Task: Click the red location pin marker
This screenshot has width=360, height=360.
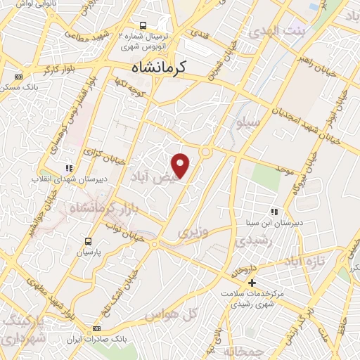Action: click(181, 165)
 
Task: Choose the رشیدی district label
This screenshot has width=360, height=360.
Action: click(251, 240)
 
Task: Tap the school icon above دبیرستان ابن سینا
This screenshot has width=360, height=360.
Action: click(274, 211)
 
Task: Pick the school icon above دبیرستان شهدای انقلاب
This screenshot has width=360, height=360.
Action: click(68, 167)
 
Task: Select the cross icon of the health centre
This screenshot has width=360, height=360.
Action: click(252, 282)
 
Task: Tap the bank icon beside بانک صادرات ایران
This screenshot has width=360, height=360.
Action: click(96, 328)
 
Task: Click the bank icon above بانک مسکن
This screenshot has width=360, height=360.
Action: click(18, 77)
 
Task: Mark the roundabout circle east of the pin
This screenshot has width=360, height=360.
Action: click(206, 151)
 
